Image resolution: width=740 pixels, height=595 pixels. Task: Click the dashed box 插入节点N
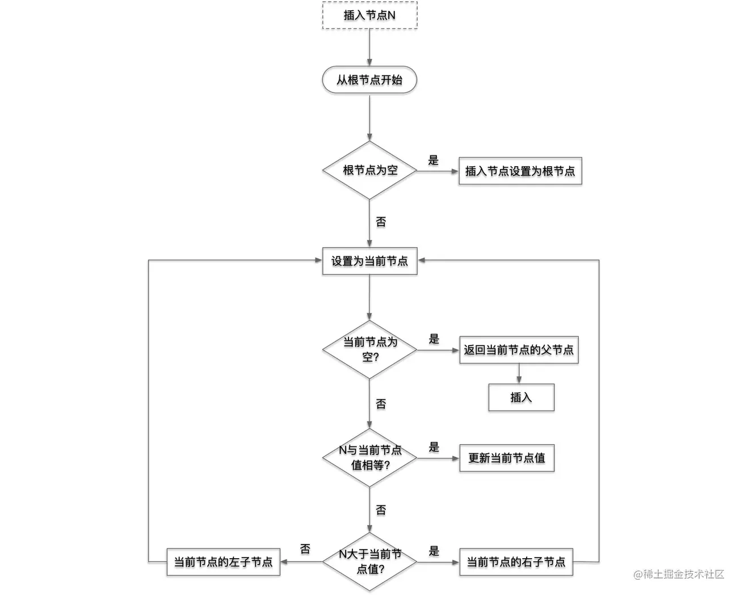point(369,15)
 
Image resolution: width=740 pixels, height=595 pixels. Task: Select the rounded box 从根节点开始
point(369,80)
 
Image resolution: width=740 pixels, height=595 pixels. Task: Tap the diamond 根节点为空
point(369,170)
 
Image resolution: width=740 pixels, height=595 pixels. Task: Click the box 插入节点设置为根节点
point(520,171)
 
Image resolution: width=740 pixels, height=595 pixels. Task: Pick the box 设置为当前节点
point(369,261)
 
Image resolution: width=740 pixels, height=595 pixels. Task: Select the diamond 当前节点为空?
point(369,349)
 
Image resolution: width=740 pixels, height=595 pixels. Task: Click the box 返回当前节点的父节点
point(519,350)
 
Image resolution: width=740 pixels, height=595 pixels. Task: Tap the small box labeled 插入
point(522,398)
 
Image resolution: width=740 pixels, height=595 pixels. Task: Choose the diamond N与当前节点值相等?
point(369,458)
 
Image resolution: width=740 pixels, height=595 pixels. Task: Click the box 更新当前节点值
point(507,458)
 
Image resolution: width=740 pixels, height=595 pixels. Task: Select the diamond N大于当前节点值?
point(369,562)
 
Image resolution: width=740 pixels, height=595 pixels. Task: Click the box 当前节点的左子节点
point(224,562)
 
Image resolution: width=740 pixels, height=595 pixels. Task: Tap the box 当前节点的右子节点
point(516,562)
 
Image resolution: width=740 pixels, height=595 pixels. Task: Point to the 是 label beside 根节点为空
point(433,160)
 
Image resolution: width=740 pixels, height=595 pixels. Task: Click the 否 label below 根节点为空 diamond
point(381,222)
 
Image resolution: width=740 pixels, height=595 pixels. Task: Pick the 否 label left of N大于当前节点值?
point(305,549)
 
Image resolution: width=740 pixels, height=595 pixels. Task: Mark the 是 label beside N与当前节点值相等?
point(434,447)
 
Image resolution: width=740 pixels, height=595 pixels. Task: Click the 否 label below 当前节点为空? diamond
point(381,404)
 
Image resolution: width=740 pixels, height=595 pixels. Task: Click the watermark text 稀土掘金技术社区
point(684,573)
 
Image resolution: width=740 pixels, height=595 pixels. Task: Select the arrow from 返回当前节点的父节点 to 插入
point(519,374)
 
